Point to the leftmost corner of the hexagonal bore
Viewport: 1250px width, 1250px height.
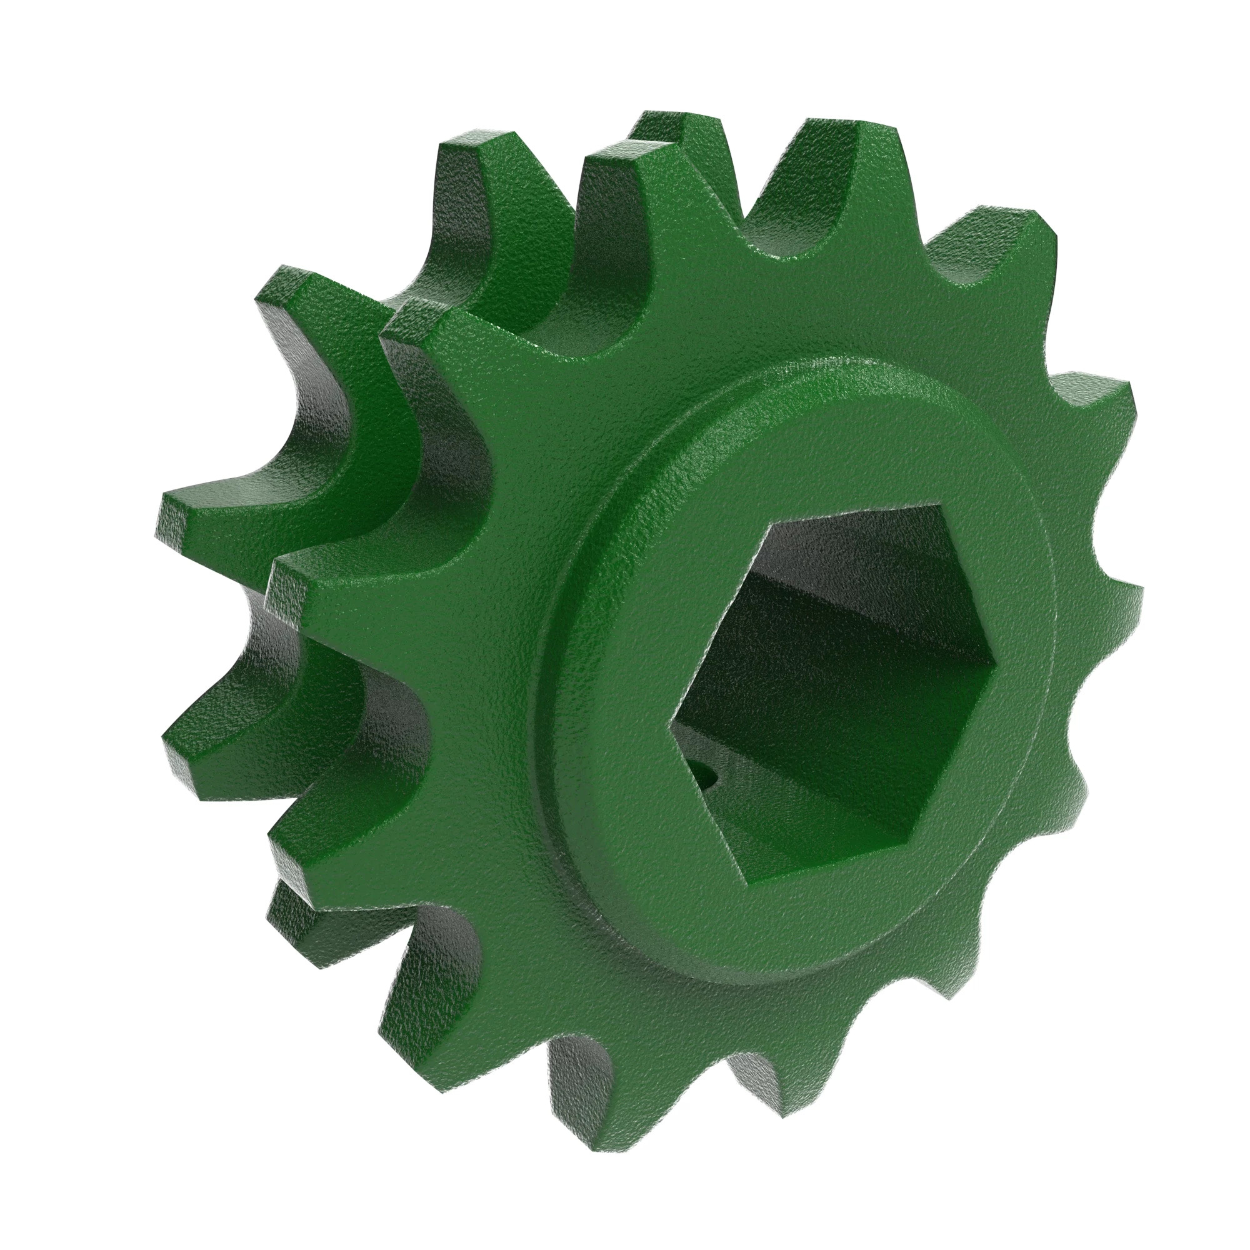coord(670,725)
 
